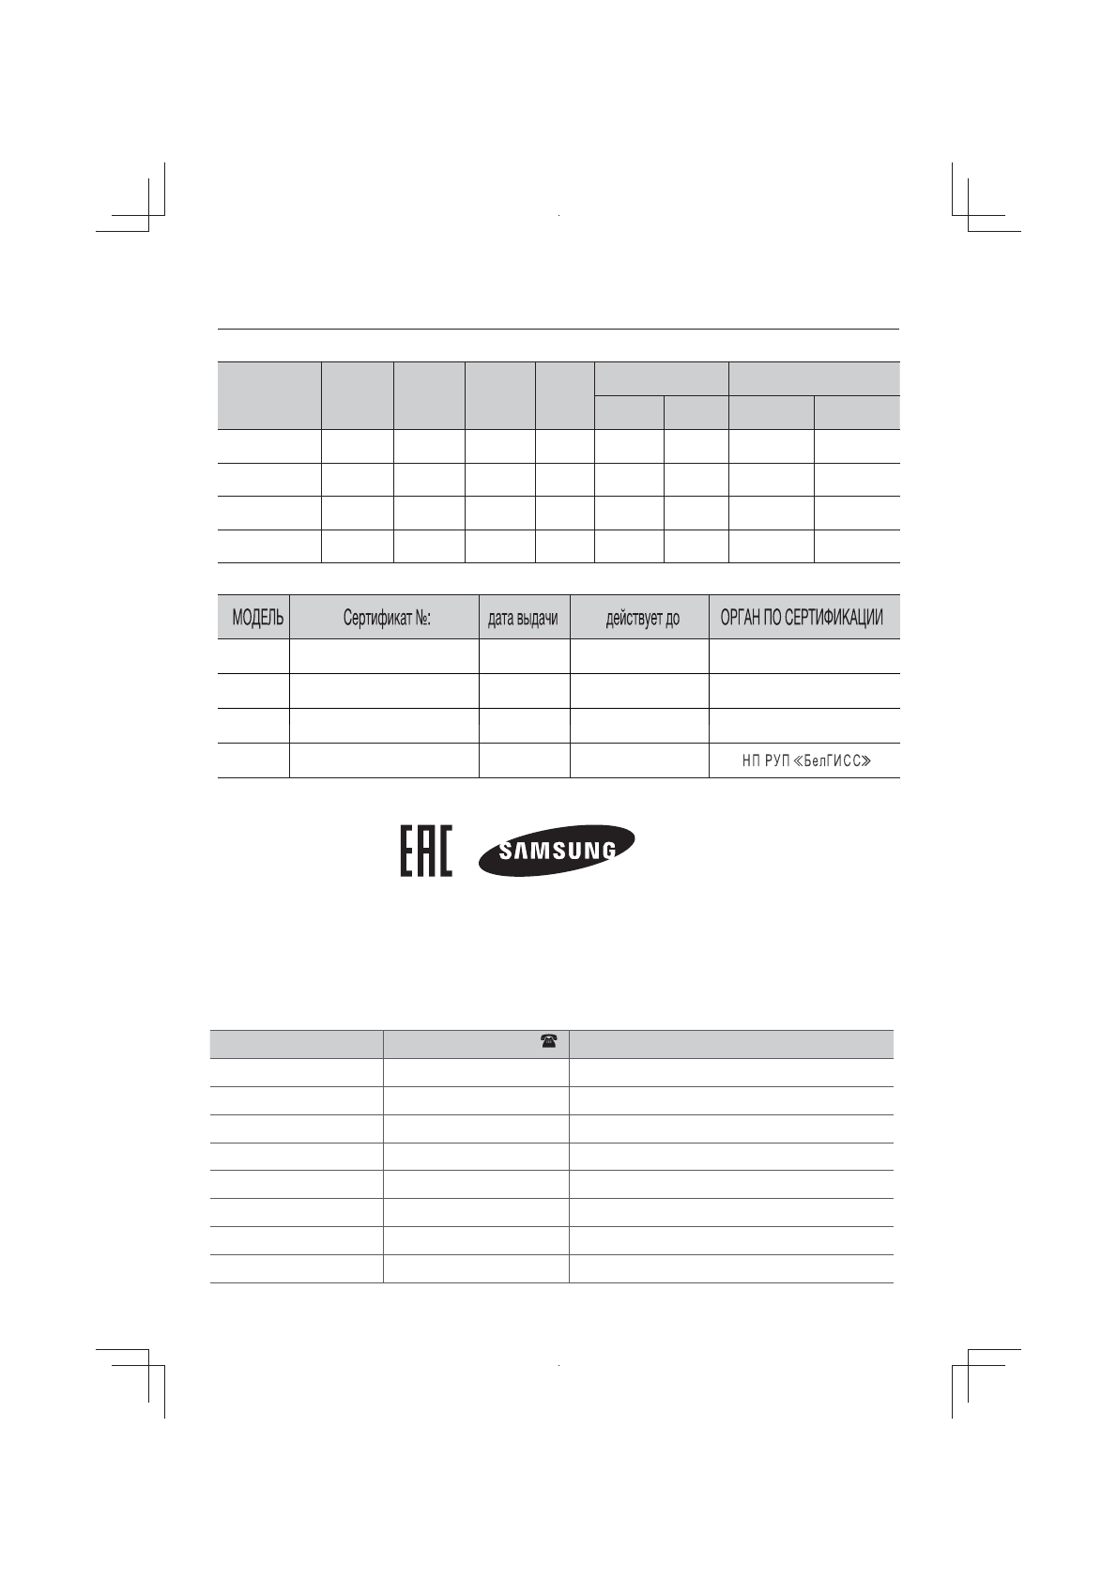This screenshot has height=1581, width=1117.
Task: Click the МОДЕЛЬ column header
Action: [257, 619]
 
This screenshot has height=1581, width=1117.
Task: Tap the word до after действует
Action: [672, 619]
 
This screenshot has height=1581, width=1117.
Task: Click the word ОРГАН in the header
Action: [742, 618]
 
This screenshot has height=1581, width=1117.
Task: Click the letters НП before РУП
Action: [751, 760]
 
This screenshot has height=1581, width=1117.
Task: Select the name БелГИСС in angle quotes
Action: [832, 760]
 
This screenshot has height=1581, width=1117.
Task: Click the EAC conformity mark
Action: [426, 851]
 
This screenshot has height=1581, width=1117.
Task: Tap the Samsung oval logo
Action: [557, 851]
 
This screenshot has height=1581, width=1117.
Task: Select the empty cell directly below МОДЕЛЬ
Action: [253, 655]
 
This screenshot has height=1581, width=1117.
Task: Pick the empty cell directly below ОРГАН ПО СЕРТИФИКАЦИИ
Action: [803, 655]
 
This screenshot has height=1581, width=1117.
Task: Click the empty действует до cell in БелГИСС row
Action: [639, 760]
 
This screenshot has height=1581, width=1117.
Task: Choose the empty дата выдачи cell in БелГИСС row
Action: [524, 760]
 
